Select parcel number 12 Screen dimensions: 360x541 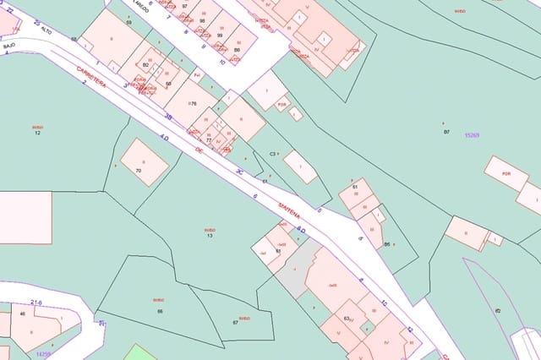coord(37,134)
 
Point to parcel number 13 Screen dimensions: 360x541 coord(210,235)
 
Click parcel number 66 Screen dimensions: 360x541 coord(159,312)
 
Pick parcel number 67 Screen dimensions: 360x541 coord(235,323)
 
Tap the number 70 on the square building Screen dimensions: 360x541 coord(139,172)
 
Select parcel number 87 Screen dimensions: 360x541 coord(446,132)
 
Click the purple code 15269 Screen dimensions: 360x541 coord(472,135)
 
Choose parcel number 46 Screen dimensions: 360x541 coord(22,314)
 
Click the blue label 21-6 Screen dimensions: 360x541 coord(36,302)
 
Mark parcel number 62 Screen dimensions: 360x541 coord(498,311)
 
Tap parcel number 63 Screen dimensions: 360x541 coord(347,318)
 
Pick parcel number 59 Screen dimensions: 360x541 coord(128,23)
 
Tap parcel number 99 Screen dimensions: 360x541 coord(220,35)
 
